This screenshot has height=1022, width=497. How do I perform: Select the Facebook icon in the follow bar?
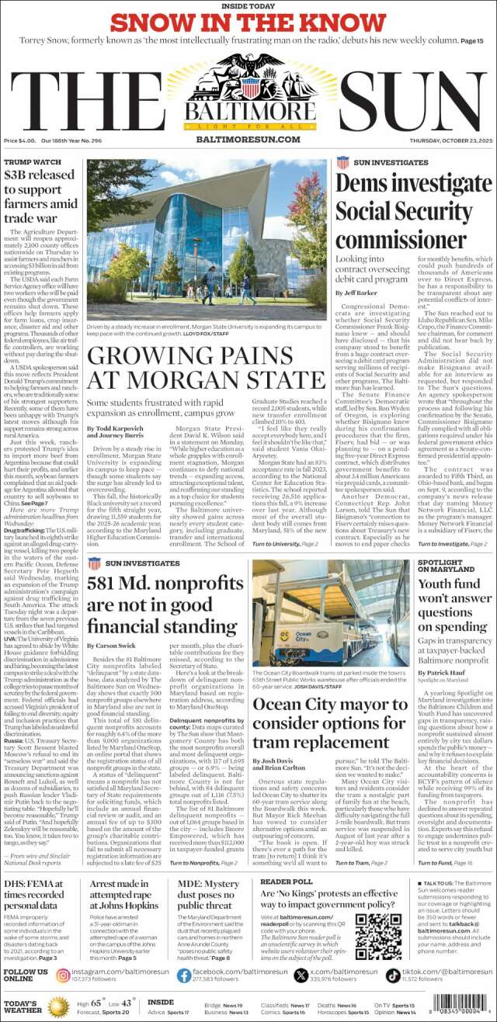tap(180, 975)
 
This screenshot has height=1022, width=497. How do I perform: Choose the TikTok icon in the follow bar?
tap(393, 975)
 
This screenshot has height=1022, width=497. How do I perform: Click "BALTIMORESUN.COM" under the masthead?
tap(248, 139)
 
